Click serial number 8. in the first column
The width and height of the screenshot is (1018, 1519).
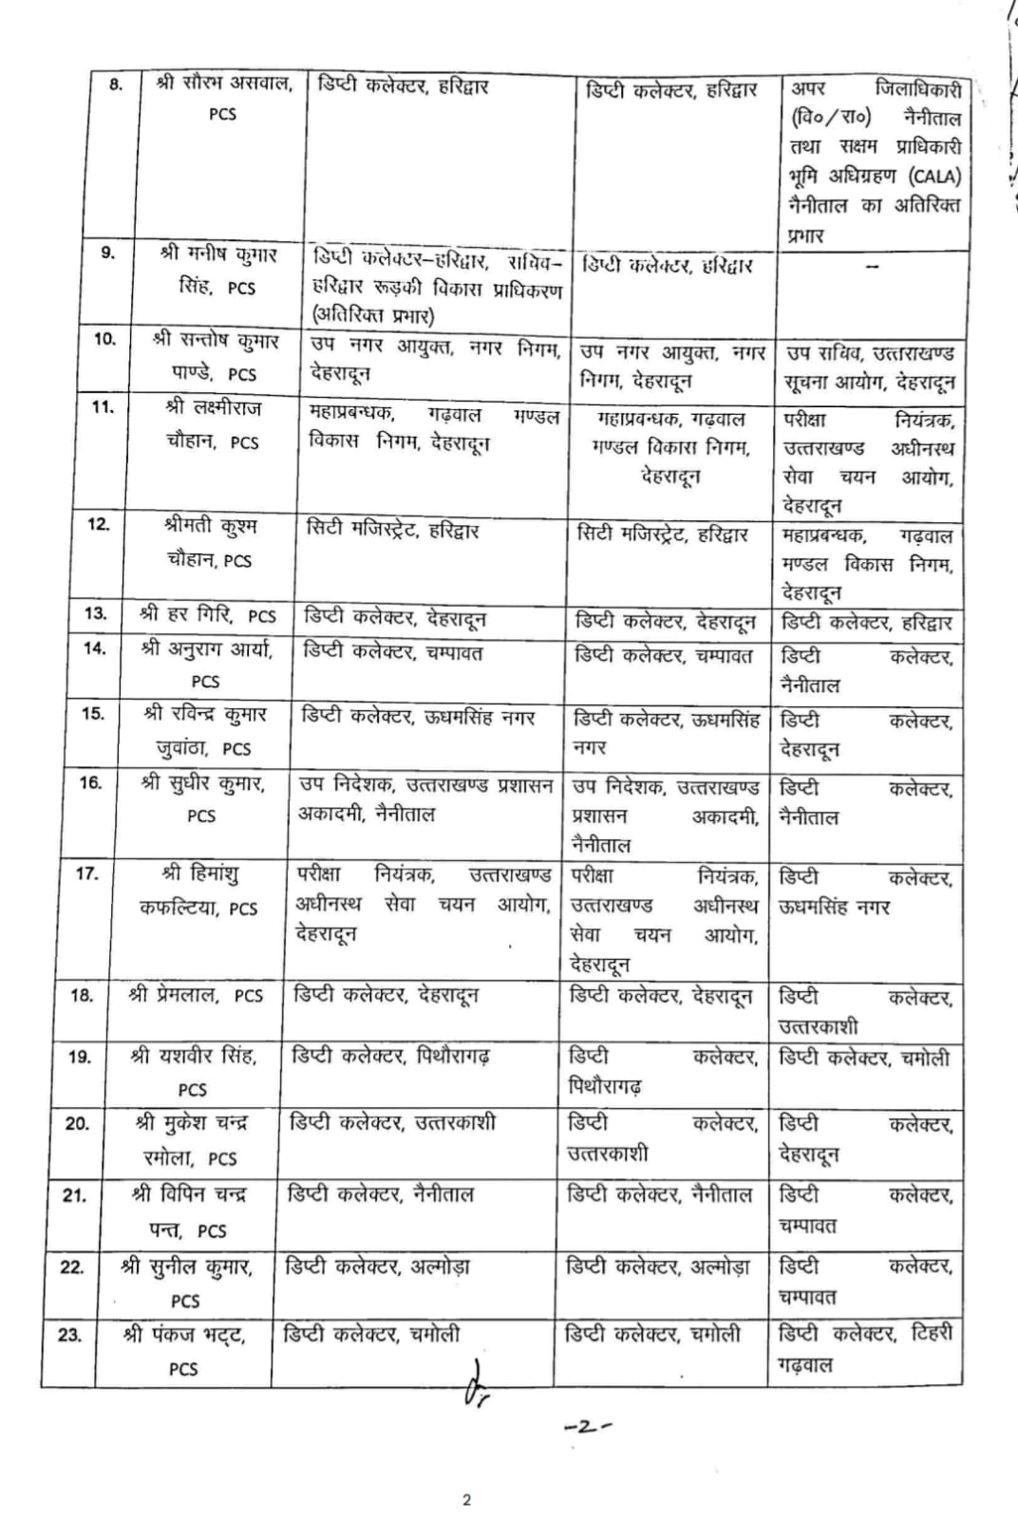point(116,84)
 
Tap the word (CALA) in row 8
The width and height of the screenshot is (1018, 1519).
point(934,177)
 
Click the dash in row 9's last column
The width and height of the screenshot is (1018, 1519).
point(872,267)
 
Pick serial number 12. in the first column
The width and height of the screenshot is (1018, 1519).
point(99,524)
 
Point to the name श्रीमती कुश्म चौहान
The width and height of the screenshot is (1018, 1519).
point(210,542)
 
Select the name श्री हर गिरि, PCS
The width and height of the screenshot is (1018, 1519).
point(208,615)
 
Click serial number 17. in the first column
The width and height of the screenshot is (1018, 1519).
point(86,873)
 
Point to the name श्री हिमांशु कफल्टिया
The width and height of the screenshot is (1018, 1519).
point(198,891)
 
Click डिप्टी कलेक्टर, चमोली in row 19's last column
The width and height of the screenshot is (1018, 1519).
point(863,1058)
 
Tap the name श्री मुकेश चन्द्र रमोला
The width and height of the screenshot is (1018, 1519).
point(191,1140)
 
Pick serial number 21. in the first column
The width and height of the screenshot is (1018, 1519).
point(75,1195)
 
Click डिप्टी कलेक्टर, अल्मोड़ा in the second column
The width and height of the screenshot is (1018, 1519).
point(377,1266)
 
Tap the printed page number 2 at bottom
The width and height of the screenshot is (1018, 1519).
point(466,1500)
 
